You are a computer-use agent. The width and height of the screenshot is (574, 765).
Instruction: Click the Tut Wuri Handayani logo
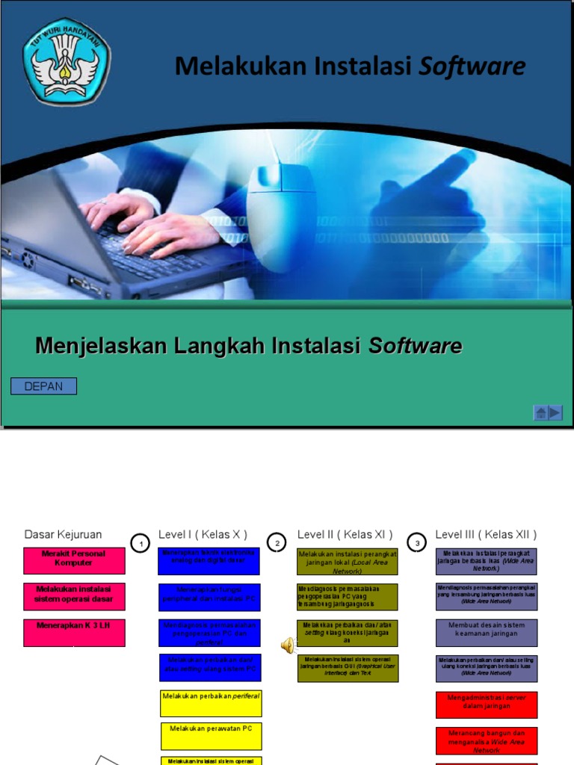(x=67, y=61)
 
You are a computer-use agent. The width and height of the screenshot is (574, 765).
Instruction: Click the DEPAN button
(x=43, y=386)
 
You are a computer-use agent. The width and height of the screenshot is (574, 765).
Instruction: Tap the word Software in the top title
(x=472, y=66)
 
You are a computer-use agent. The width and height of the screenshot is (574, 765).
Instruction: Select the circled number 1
(x=140, y=544)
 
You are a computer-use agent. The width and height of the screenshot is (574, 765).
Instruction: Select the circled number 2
(x=277, y=543)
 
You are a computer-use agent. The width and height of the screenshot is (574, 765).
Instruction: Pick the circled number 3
(x=417, y=543)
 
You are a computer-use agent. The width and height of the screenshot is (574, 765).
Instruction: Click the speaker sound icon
(x=288, y=645)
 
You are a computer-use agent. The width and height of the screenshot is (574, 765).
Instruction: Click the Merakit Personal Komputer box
(x=74, y=561)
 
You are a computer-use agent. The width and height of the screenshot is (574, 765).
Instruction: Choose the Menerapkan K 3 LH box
(x=74, y=633)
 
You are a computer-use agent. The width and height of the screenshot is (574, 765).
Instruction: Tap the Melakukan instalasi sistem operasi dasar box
(x=74, y=597)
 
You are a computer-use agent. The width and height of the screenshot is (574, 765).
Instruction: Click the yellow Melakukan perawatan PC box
(x=212, y=736)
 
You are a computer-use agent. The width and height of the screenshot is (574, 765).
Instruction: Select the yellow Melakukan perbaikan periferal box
(x=212, y=703)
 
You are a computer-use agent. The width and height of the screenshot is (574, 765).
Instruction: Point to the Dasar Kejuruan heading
(x=63, y=534)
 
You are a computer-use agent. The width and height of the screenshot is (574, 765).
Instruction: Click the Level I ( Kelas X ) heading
(x=203, y=534)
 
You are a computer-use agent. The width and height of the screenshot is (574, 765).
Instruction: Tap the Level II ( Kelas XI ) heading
(x=345, y=534)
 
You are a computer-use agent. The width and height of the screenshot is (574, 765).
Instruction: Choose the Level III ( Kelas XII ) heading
(x=486, y=534)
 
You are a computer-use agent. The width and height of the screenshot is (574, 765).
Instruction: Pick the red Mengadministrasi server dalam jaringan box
(x=487, y=704)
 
